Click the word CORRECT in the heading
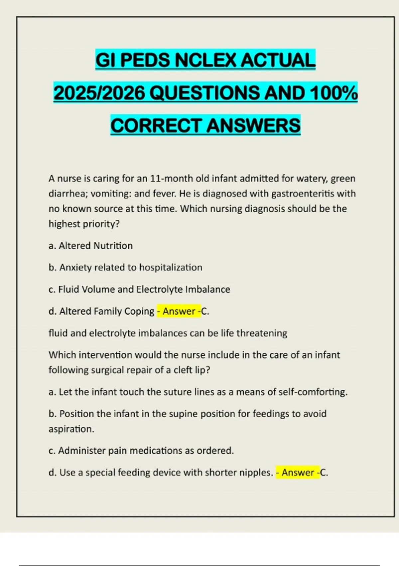[x=156, y=126]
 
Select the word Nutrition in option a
[x=113, y=246]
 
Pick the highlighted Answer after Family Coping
[x=179, y=311]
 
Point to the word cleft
[x=184, y=370]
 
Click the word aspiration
[x=71, y=429]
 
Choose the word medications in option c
[x=156, y=451]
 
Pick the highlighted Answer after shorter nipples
[x=298, y=472]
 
